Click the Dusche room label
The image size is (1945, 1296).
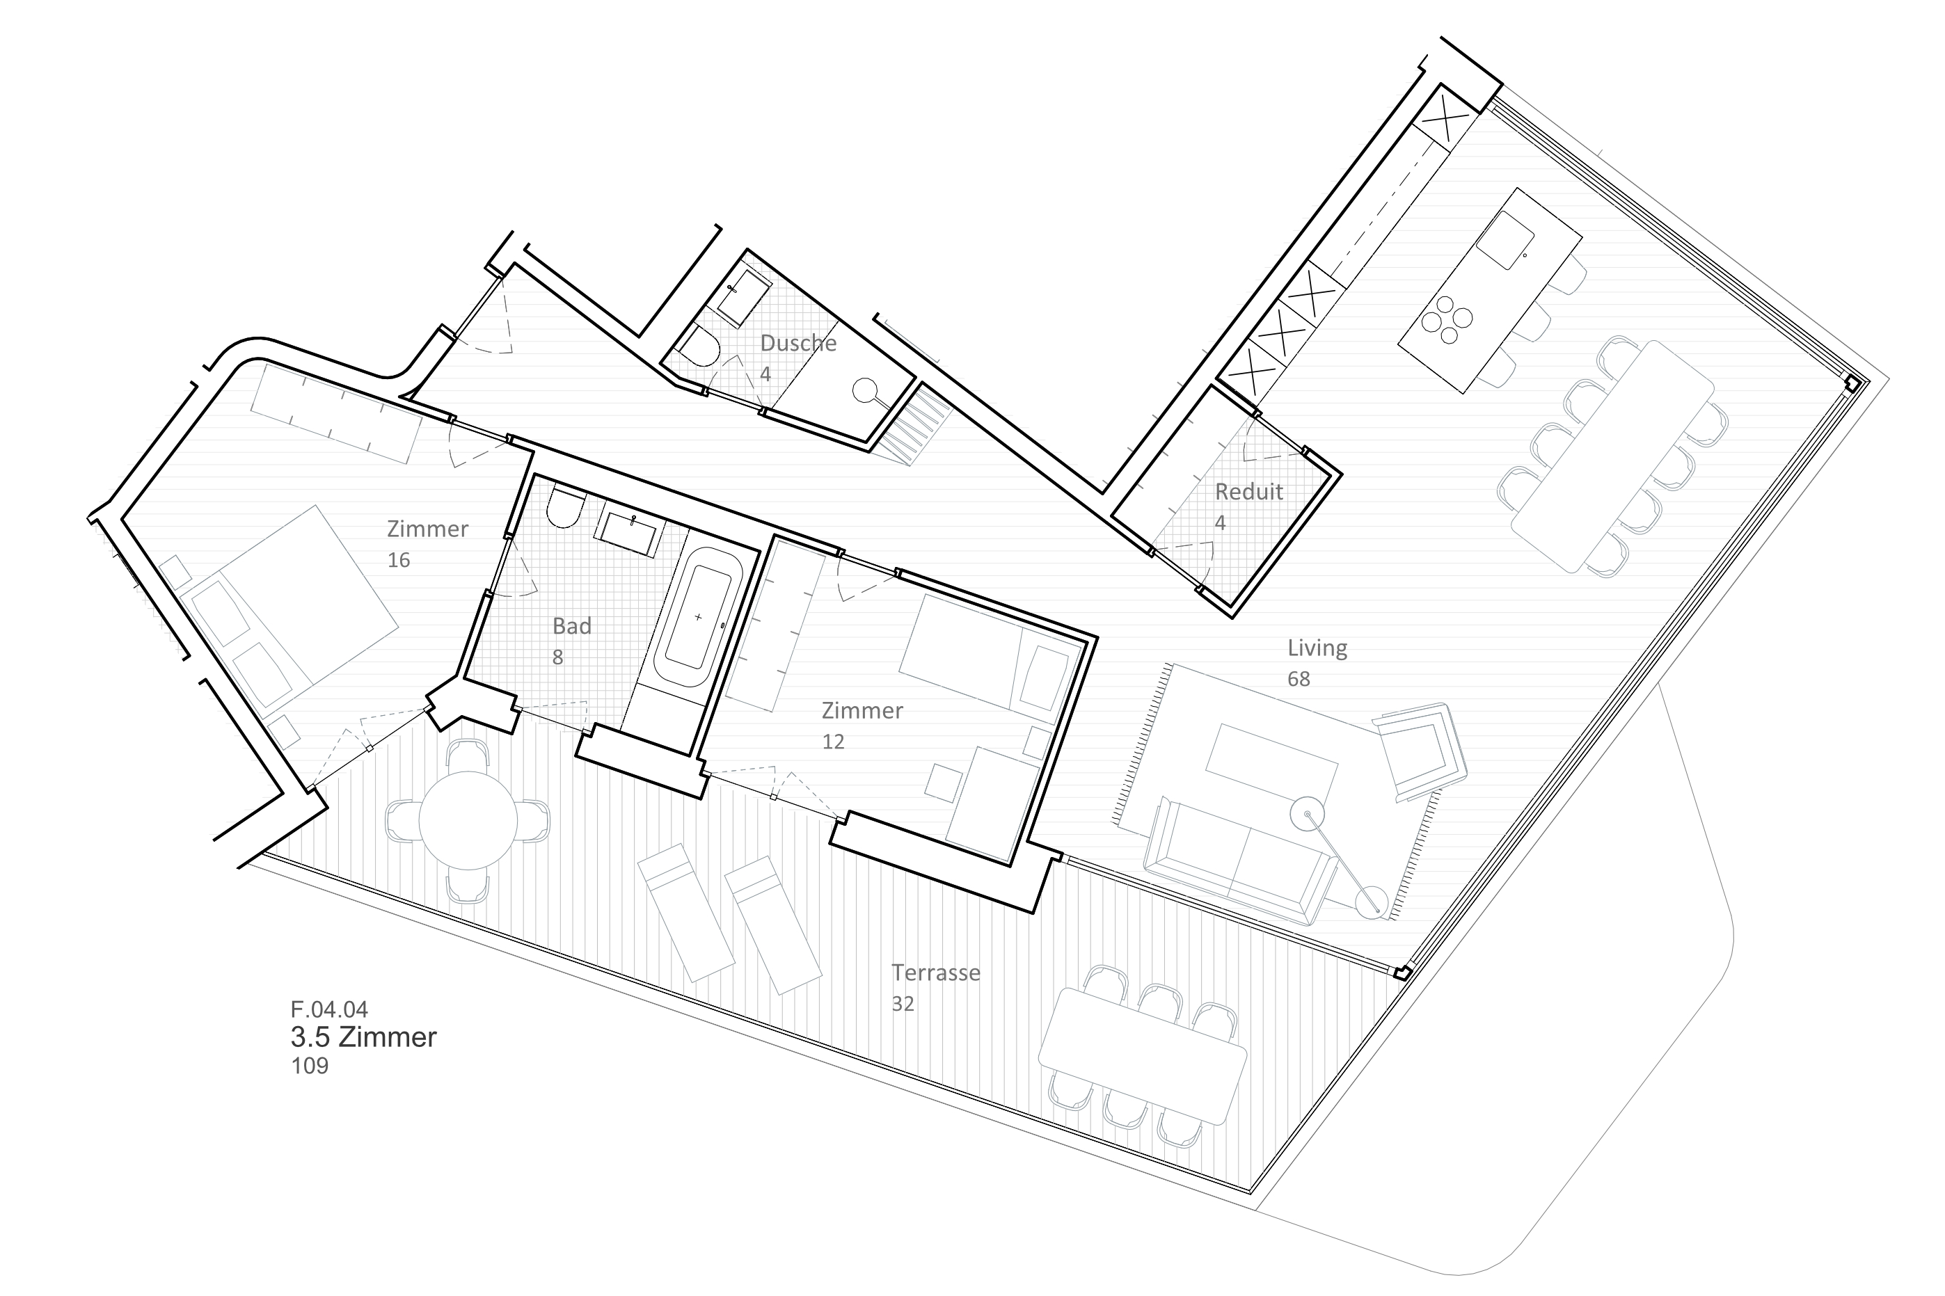tap(797, 343)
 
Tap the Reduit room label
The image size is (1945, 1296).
tap(1248, 492)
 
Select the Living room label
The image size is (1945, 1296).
tap(1317, 648)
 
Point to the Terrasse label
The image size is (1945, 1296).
tap(935, 973)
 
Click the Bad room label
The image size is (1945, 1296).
tap(571, 627)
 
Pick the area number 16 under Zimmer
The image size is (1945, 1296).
tap(399, 561)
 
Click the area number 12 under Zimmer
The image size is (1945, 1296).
tap(832, 742)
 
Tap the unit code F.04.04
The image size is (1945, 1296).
tap(329, 1009)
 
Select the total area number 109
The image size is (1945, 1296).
tap(309, 1066)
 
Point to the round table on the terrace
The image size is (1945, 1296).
tap(468, 821)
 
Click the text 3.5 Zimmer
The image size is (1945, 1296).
tap(364, 1037)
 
